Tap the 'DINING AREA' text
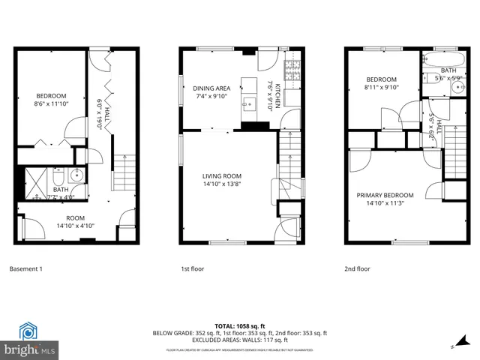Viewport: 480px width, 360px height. [x=211, y=88]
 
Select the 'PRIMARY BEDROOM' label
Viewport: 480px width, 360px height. [x=385, y=193]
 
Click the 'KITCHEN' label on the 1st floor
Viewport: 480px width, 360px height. [x=277, y=96]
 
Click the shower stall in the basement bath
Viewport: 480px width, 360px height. [x=37, y=180]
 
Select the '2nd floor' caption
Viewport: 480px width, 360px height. [x=358, y=268]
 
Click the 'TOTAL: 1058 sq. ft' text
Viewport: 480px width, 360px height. [x=239, y=325]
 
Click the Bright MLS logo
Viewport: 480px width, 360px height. [x=30, y=340]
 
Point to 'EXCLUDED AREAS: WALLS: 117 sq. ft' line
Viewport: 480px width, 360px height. [x=239, y=340]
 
